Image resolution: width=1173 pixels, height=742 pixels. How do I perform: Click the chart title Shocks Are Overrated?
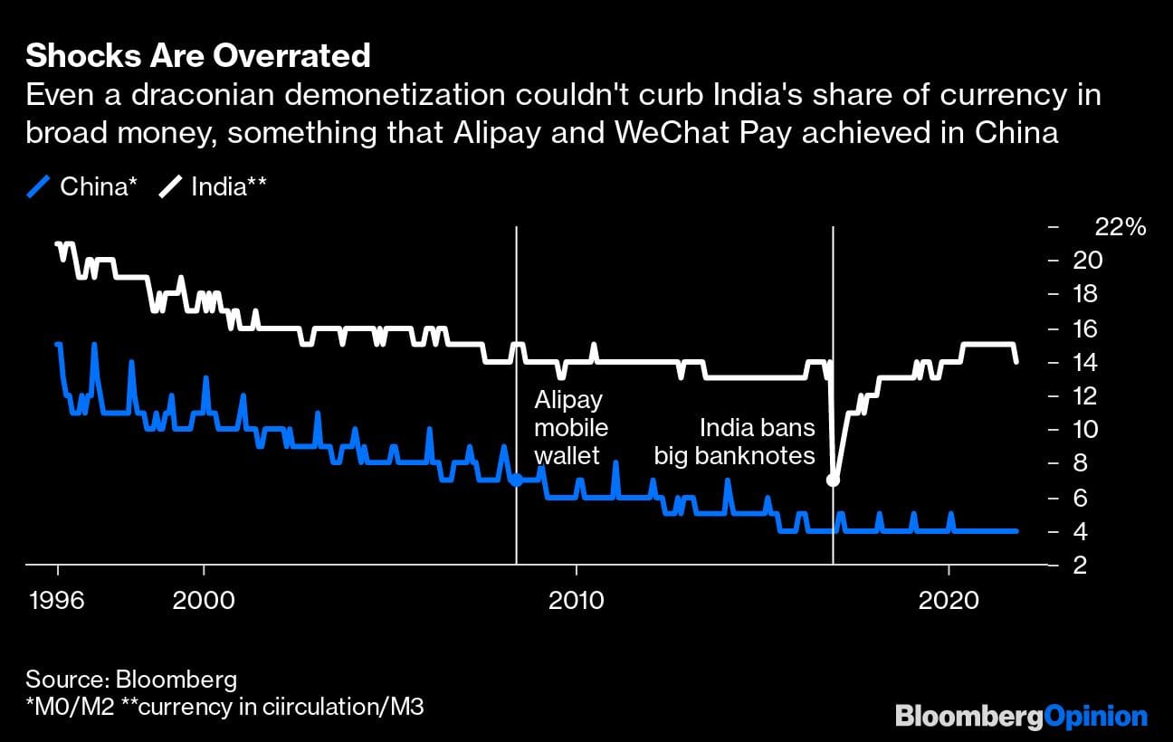[x=197, y=56]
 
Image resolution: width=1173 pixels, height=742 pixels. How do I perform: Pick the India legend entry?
[x=214, y=187]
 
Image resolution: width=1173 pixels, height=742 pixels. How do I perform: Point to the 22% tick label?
[x=1121, y=227]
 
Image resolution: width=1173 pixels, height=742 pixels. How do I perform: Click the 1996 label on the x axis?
[x=58, y=600]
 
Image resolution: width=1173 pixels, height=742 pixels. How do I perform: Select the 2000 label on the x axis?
[x=205, y=600]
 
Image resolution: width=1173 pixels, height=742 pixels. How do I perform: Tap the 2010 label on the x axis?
[x=576, y=600]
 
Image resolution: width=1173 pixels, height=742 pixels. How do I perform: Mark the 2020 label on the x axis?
[x=949, y=600]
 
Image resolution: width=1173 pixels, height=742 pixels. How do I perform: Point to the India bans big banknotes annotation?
[x=735, y=442]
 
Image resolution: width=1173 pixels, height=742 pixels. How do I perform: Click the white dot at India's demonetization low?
[x=833, y=480]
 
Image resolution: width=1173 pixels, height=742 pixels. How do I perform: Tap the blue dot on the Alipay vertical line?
[x=516, y=480]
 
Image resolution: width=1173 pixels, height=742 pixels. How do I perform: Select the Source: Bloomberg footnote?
[x=131, y=680]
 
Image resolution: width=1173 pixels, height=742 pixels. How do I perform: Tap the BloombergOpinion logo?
[x=1021, y=717]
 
